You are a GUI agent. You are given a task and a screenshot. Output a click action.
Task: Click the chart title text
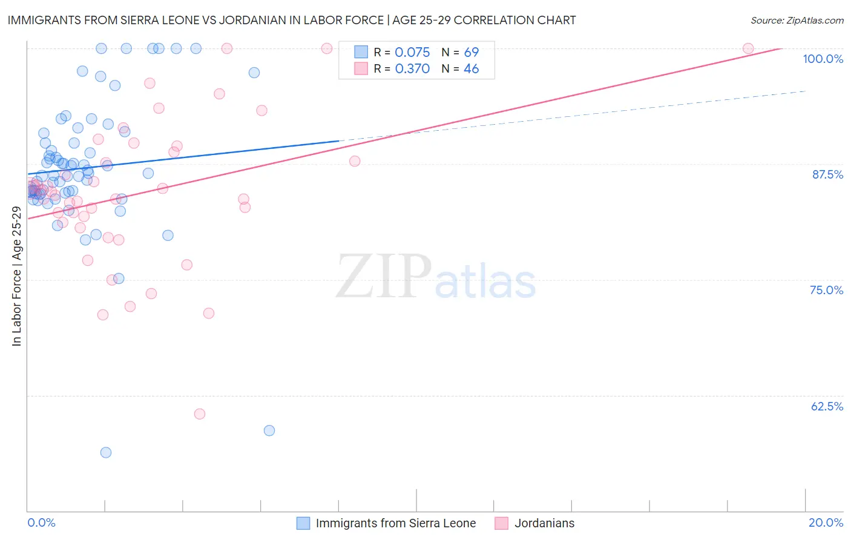(291, 20)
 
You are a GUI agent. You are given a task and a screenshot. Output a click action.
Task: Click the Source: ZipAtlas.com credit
(797, 20)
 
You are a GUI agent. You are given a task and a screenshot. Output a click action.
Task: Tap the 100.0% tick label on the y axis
(823, 59)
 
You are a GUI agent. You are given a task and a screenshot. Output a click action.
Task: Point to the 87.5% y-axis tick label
(827, 174)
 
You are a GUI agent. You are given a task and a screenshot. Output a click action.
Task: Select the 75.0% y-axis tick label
(826, 290)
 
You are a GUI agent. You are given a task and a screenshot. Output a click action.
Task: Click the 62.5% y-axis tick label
(827, 406)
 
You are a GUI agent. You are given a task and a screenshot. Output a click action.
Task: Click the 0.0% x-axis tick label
(41, 522)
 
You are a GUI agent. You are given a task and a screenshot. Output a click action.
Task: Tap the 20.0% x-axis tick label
(826, 522)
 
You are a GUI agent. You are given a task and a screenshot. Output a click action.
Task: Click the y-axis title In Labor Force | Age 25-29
(16, 276)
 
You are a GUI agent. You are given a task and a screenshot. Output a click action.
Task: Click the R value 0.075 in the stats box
(412, 53)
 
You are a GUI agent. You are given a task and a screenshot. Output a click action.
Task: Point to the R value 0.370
(412, 69)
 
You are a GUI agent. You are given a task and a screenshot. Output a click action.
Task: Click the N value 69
(471, 53)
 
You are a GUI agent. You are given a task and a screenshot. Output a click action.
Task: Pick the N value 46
(471, 69)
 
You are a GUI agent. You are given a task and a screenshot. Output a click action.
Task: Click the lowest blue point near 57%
(106, 452)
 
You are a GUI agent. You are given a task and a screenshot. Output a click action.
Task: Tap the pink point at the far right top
(748, 48)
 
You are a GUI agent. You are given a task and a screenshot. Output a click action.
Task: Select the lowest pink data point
(200, 414)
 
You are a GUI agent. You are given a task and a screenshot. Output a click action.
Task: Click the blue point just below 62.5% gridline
(269, 430)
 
